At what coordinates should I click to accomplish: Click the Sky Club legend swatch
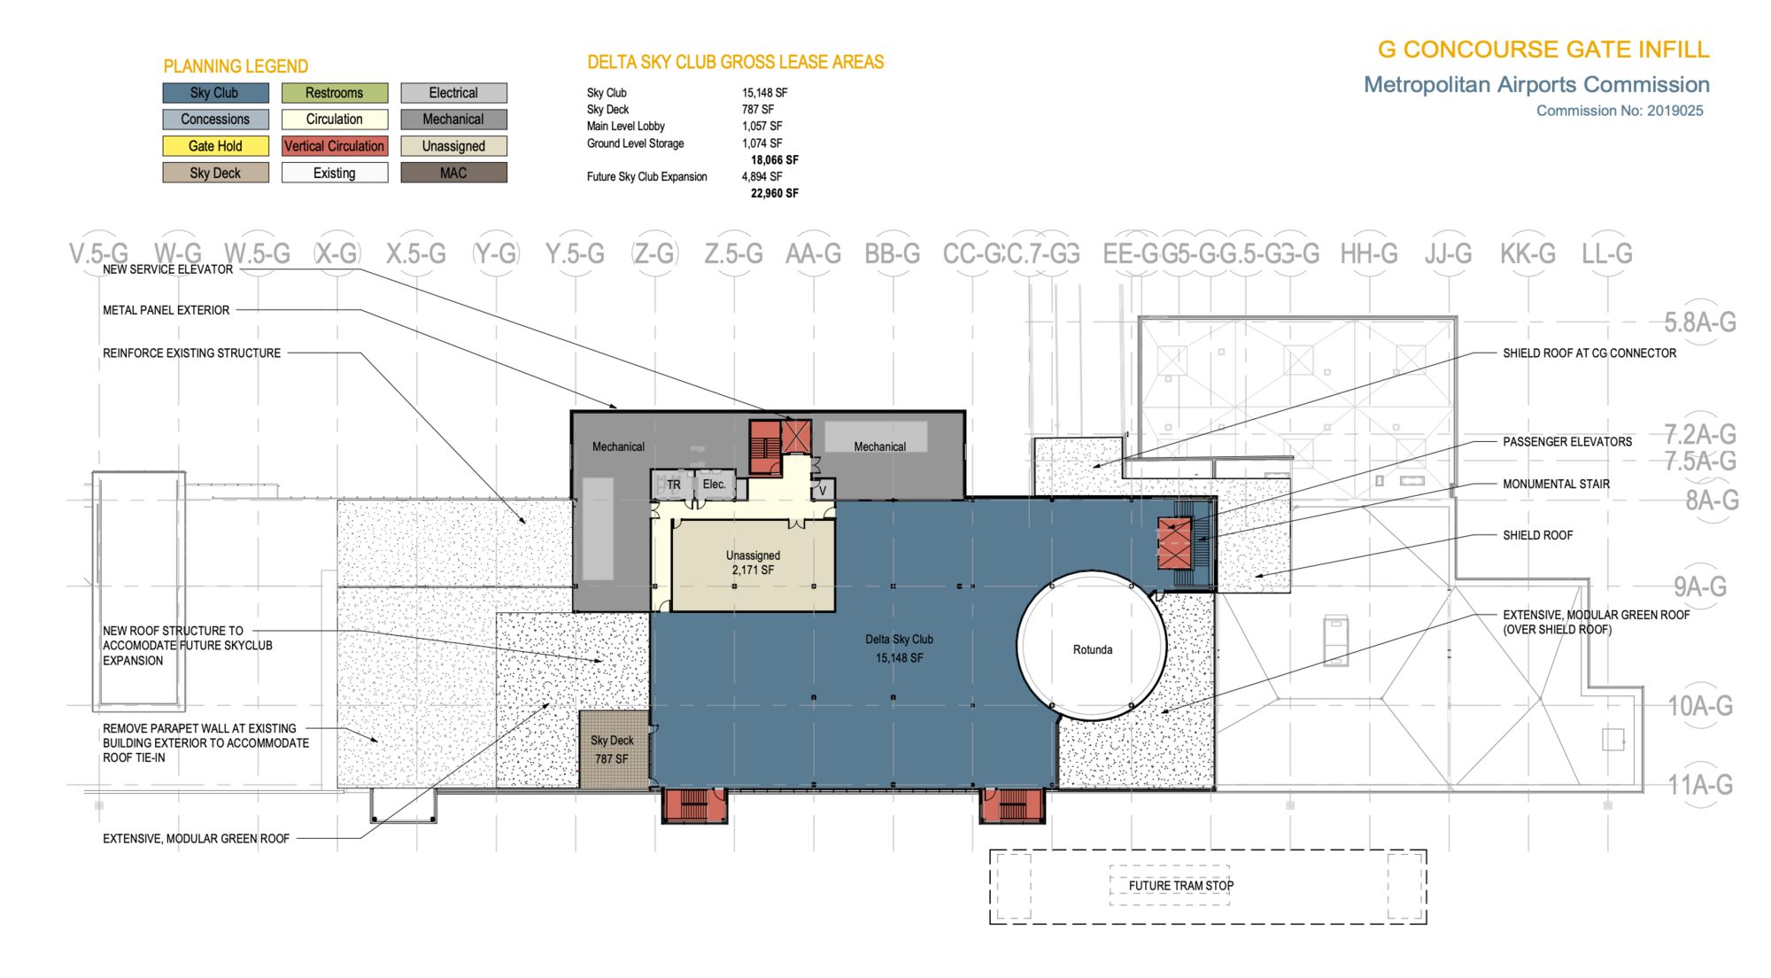(215, 93)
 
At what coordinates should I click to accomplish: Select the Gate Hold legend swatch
(215, 146)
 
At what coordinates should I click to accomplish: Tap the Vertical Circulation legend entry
(335, 146)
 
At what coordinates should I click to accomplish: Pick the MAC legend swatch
(453, 173)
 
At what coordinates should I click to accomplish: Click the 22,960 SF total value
(774, 193)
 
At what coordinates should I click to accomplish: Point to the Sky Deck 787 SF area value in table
(757, 110)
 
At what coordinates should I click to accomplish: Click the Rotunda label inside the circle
(1092, 649)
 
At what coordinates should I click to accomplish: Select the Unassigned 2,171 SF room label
(753, 563)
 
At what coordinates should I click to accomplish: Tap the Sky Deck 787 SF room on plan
(612, 749)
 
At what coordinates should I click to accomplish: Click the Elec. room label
(714, 485)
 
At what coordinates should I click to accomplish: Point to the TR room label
(674, 485)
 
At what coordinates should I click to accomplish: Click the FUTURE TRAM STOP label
(1180, 885)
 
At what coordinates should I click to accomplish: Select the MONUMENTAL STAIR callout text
(1556, 484)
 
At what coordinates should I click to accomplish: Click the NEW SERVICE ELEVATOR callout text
(168, 269)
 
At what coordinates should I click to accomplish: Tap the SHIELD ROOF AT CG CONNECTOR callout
(1589, 353)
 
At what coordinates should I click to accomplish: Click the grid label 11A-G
(1699, 785)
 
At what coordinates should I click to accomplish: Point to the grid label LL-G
(1606, 254)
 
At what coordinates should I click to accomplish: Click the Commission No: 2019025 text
(1619, 111)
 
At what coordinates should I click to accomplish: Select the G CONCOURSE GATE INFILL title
(1543, 50)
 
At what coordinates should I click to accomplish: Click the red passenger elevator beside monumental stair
(1174, 542)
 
